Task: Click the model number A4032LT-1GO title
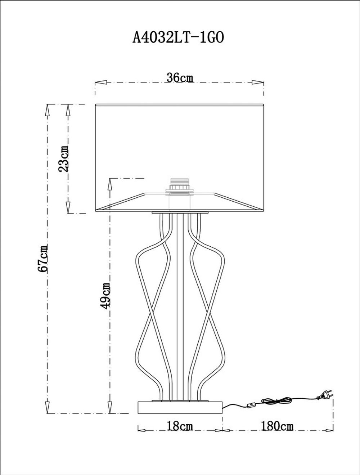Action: pyautogui.click(x=179, y=37)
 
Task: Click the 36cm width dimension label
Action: pyautogui.click(x=180, y=78)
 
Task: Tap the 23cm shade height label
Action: pyautogui.click(x=64, y=158)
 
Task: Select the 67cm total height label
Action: pyautogui.click(x=44, y=258)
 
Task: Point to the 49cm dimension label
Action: pyautogui.click(x=105, y=295)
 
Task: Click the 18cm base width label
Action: pyautogui.click(x=180, y=426)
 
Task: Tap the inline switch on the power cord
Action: pyautogui.click(x=252, y=405)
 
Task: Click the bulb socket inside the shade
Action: pyautogui.click(x=179, y=186)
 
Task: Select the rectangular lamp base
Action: pyautogui.click(x=180, y=407)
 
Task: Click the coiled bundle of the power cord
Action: pyautogui.click(x=277, y=400)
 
